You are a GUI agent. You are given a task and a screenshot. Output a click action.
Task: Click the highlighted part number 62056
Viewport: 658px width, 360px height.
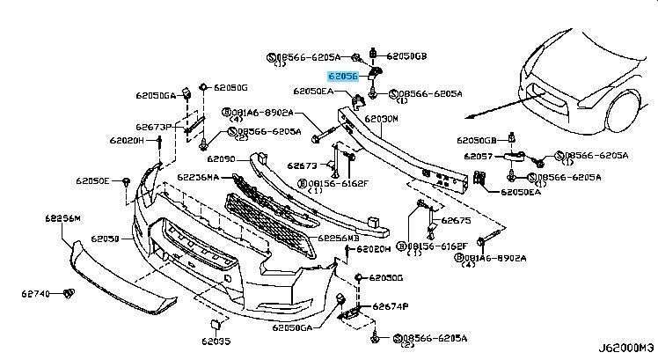point(343,77)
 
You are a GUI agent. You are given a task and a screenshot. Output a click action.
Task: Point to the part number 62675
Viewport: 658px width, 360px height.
point(456,221)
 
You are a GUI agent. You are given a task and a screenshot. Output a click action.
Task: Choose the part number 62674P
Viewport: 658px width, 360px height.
point(390,307)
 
